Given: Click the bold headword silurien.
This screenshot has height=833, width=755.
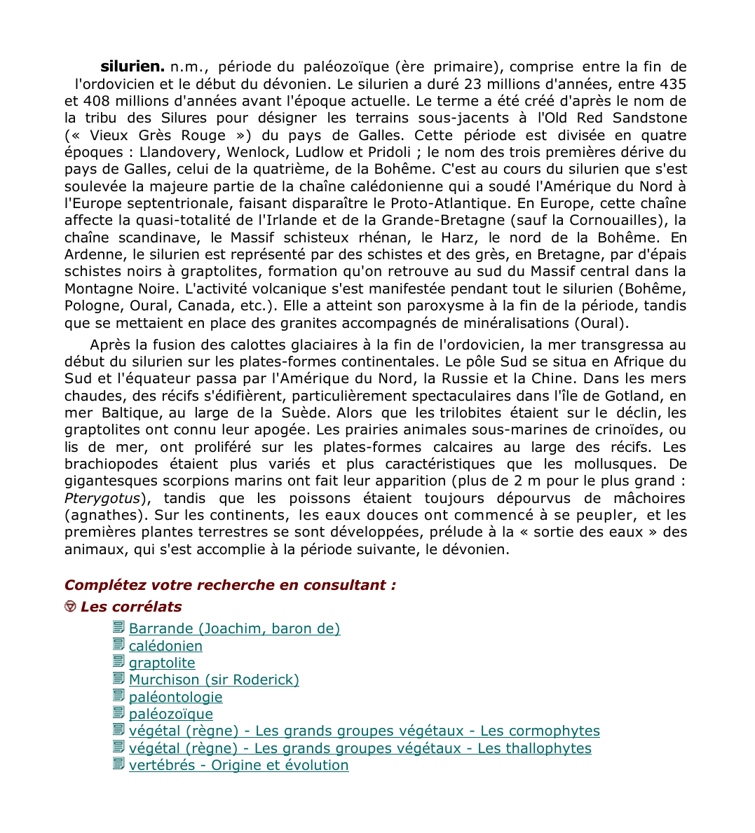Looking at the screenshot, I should tap(132, 67).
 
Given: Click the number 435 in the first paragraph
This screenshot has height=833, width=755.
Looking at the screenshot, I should tap(673, 84).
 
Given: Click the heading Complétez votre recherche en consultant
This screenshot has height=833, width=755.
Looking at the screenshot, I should tap(230, 585).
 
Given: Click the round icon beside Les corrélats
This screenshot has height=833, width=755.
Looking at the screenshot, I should tap(70, 607).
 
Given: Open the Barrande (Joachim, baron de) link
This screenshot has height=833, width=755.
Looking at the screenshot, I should tap(234, 628).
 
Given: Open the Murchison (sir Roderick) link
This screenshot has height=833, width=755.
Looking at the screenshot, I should tap(214, 680).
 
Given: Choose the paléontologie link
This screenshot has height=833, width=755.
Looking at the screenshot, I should tap(175, 697).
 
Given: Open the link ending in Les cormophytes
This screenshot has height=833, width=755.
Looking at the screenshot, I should tap(364, 731).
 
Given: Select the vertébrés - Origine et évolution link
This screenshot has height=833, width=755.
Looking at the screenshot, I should tap(238, 765).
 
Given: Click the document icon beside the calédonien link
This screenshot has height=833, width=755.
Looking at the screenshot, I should tap(118, 645).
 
